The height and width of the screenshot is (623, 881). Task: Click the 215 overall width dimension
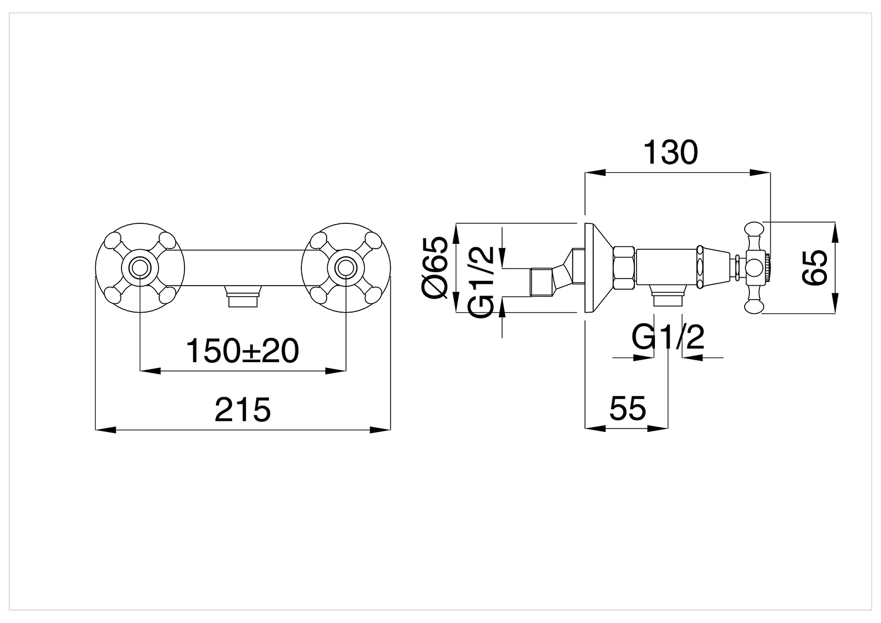point(243,410)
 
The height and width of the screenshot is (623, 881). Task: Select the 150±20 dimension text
point(242,351)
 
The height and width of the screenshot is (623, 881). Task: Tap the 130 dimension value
point(671,152)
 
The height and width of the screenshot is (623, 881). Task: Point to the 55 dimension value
point(628,408)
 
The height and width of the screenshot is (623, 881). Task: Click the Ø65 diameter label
point(435,267)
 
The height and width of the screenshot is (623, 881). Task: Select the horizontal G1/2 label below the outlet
point(668,337)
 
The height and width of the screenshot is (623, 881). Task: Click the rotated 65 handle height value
point(815,267)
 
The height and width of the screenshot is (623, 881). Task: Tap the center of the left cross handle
point(139,268)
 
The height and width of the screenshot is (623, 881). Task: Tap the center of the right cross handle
point(346,268)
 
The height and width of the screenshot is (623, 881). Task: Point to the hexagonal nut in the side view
point(624,268)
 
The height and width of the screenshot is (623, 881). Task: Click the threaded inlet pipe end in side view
point(542,282)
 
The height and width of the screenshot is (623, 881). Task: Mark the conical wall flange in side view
point(598,268)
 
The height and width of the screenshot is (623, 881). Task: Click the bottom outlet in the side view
point(667,296)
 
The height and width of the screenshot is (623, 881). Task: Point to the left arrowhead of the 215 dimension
point(106,430)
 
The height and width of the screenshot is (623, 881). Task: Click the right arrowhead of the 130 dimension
point(760,172)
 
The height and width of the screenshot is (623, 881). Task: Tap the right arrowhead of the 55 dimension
point(658,428)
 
